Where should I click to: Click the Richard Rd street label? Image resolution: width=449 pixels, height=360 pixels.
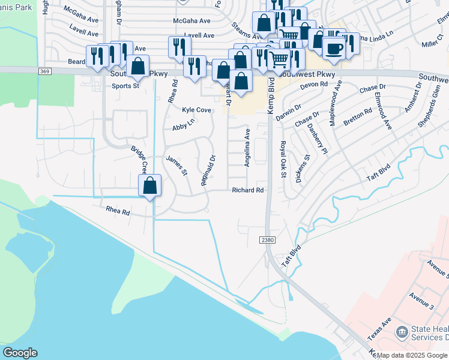tap(248, 190)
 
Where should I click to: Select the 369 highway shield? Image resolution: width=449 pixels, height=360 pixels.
tap(46, 71)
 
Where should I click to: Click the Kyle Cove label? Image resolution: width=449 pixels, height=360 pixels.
tap(196, 110)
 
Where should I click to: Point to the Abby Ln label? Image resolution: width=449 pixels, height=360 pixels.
tap(184, 127)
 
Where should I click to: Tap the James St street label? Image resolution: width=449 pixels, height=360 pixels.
tap(177, 166)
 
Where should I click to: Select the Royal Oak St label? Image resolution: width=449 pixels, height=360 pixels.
tap(283, 159)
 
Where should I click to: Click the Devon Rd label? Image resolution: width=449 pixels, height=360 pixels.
tap(314, 85)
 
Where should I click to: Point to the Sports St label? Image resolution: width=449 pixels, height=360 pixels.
tap(125, 86)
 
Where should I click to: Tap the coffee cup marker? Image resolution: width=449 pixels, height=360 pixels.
tap(333, 47)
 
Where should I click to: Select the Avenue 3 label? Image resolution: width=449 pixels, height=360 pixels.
tap(421, 298)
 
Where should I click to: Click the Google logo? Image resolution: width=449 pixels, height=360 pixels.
tap(20, 353)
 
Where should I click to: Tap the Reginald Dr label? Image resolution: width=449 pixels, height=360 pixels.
tap(208, 171)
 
